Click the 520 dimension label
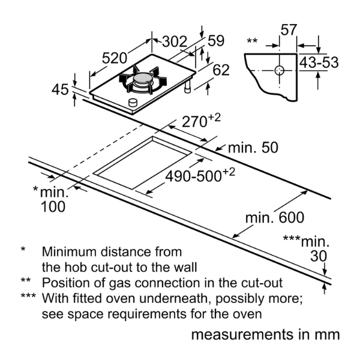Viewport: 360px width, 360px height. click(x=114, y=58)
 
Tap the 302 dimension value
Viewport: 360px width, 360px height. click(x=175, y=41)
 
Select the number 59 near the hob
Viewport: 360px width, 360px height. click(x=216, y=41)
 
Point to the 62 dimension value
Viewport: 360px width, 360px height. click(x=221, y=70)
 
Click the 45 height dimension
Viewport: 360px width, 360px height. click(x=60, y=90)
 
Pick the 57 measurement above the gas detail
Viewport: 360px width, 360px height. click(x=289, y=30)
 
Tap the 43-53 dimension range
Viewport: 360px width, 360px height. click(x=319, y=62)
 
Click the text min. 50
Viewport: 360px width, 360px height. click(x=254, y=148)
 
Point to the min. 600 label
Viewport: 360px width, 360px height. click(x=275, y=217)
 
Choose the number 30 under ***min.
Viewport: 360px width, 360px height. click(x=319, y=257)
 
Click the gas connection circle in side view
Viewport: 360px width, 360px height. click(x=279, y=70)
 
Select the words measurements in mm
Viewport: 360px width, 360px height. click(x=266, y=334)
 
